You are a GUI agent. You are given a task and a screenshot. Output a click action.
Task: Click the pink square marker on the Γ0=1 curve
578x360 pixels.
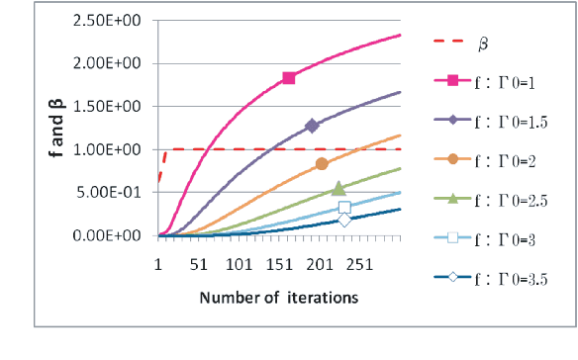[x=289, y=78]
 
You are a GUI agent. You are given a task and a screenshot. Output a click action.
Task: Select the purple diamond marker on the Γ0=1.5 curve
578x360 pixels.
[x=313, y=126]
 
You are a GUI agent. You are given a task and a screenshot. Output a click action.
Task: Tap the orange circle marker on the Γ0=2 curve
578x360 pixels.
[x=322, y=164]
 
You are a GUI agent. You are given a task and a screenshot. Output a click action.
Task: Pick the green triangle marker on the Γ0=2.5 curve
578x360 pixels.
[x=338, y=188]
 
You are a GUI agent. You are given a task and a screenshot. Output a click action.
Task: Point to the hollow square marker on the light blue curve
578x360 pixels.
[x=344, y=208]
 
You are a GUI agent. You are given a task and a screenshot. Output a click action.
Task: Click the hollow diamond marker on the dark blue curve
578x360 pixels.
[x=344, y=220]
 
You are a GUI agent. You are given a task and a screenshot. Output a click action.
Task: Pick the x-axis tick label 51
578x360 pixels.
[x=199, y=265]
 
